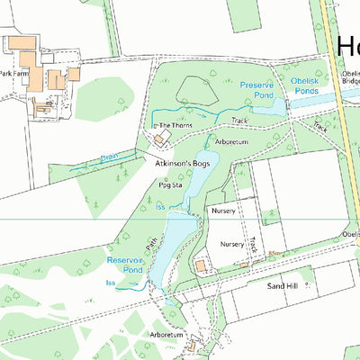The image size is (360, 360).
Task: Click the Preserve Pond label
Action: pyautogui.click(x=256, y=88)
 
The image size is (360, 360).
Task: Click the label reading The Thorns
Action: pyautogui.click(x=175, y=126)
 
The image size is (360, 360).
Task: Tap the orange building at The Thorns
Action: pyautogui.click(x=162, y=139)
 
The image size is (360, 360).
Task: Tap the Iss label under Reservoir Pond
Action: pyautogui.click(x=111, y=283)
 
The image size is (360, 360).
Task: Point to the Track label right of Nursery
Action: pyautogui.click(x=255, y=244)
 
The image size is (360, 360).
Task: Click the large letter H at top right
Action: pyautogui.click(x=348, y=47)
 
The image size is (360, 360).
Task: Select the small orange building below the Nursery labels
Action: pyautogui.click(x=201, y=265)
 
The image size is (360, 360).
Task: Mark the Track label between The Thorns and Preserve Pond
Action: pyautogui.click(x=239, y=120)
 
